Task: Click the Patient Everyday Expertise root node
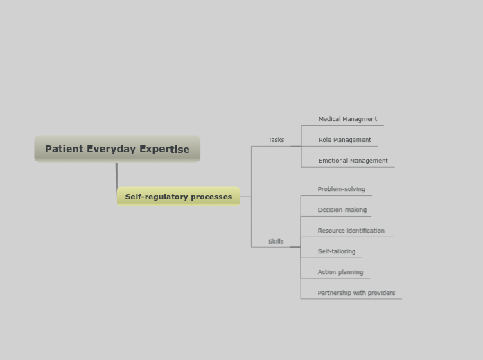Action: coord(117,149)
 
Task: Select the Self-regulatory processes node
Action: coord(179,197)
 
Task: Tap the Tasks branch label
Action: coord(276,140)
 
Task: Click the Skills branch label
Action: coord(276,242)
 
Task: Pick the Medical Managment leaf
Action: coord(348,119)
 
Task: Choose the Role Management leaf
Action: coord(344,140)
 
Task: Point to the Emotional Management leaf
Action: coord(353,161)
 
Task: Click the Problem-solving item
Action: coord(341,189)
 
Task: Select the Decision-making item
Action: coord(342,210)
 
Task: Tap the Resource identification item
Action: coord(351,231)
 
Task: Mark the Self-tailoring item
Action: coord(336,251)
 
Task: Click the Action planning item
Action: coord(340,272)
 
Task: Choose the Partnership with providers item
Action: coord(356,293)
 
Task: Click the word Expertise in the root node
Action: coord(164,149)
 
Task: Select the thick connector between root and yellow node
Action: coord(116,175)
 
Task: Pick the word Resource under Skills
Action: coord(331,231)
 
